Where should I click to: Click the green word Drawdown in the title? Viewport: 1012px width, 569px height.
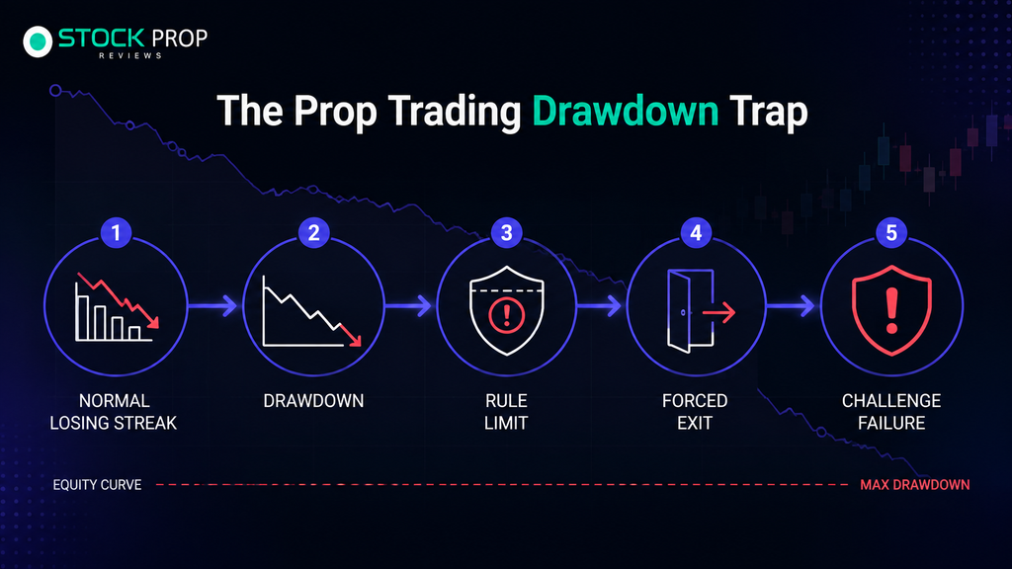click(x=625, y=111)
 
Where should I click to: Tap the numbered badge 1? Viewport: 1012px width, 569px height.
click(x=117, y=233)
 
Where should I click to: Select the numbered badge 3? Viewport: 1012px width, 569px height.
click(x=507, y=233)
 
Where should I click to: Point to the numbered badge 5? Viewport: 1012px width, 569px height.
click(x=891, y=233)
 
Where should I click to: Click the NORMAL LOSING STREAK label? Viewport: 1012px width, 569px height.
click(x=114, y=412)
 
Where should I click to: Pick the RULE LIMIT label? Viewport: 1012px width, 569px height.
click(x=507, y=412)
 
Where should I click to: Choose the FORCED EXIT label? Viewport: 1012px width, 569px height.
click(x=695, y=412)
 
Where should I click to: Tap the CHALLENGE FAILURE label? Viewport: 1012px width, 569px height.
click(x=891, y=412)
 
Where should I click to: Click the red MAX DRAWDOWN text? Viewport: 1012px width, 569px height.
click(x=914, y=484)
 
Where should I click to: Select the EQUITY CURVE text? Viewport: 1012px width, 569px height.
click(x=97, y=484)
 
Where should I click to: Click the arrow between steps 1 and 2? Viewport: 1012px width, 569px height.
click(x=213, y=306)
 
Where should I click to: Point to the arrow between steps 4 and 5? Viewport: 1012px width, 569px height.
click(x=792, y=306)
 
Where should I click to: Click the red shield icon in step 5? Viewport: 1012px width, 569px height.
click(x=891, y=310)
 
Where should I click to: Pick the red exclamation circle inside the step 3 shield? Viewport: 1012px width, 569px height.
click(x=507, y=315)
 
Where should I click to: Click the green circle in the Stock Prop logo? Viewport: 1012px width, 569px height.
click(x=39, y=41)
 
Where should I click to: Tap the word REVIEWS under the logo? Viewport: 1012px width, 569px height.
click(x=130, y=55)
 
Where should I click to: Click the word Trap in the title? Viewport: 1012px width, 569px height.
click(x=769, y=111)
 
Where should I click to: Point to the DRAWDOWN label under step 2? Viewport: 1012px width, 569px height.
click(x=313, y=401)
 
